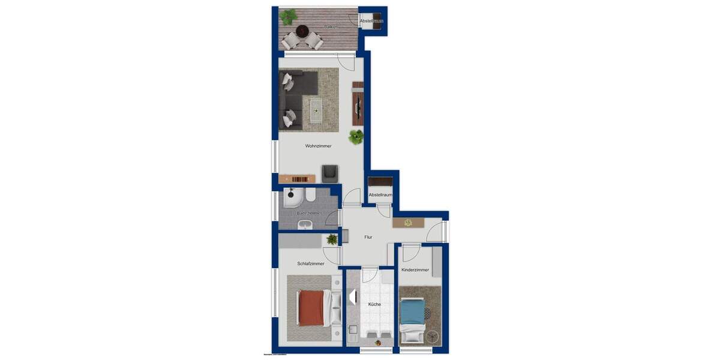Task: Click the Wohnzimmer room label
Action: [318, 146]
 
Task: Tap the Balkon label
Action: [329, 27]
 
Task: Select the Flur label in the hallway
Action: [368, 237]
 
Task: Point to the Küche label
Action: [374, 304]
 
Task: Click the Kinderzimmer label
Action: [415, 270]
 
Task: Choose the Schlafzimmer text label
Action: [311, 263]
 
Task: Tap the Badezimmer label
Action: [309, 213]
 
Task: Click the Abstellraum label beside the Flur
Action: [380, 195]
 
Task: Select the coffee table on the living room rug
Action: [315, 109]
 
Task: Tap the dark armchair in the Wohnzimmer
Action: [329, 173]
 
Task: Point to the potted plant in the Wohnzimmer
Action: [356, 136]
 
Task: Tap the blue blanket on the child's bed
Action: [412, 311]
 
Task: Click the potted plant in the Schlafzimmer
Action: [332, 239]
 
